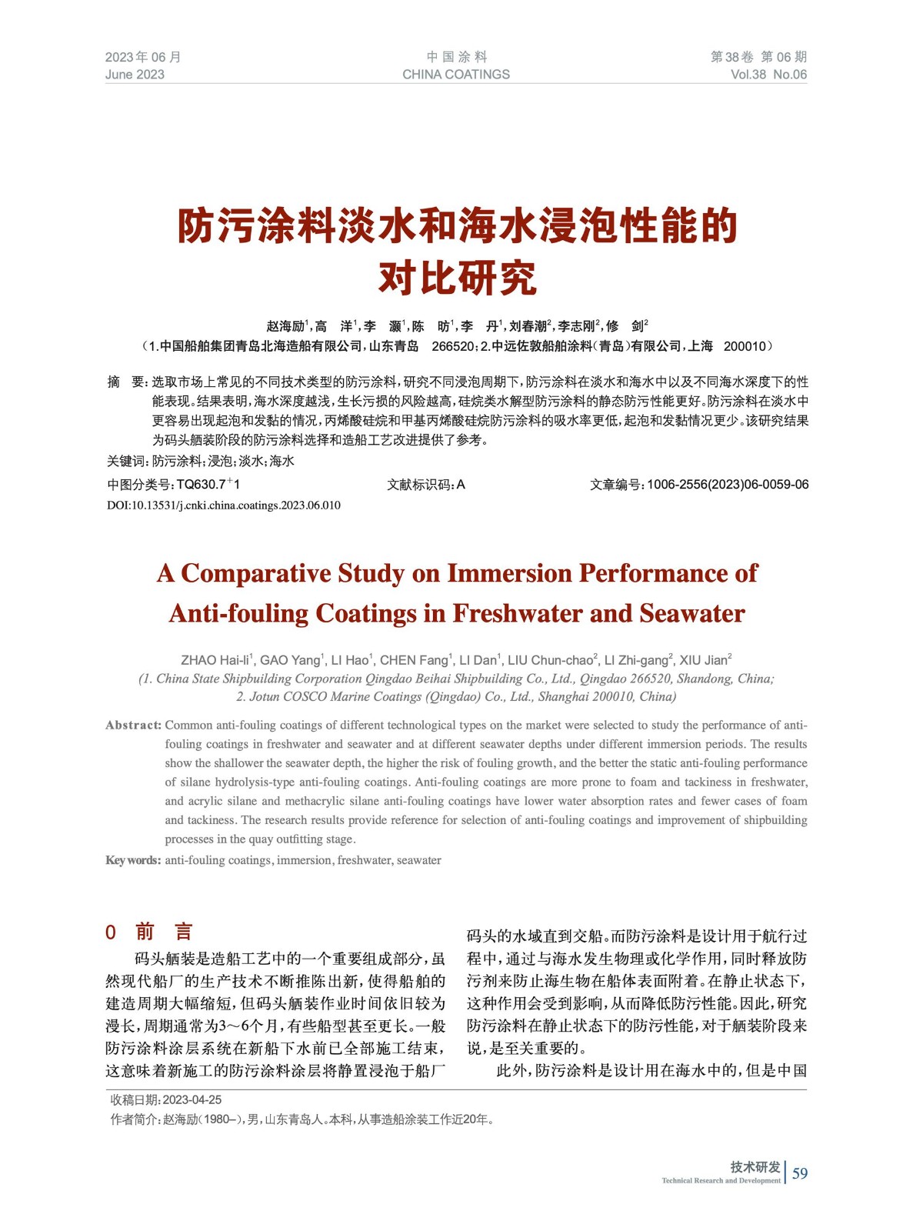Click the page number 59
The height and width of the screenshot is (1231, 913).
point(800,1173)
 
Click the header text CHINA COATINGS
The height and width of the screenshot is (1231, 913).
point(456,75)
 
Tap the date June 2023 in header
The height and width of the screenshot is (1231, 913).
point(135,75)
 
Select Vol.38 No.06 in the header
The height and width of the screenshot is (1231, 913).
point(768,75)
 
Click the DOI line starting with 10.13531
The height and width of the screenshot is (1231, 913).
point(223,505)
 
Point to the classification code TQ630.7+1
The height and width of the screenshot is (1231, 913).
point(208,485)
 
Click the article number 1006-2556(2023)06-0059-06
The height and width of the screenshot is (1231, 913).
point(727,485)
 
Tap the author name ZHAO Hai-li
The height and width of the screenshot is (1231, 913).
point(216,660)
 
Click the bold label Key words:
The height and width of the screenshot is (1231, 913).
point(133,860)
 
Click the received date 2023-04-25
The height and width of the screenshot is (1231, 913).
point(192,1100)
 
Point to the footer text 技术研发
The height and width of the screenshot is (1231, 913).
point(755,1167)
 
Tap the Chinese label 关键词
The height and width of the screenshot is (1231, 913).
point(126,462)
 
